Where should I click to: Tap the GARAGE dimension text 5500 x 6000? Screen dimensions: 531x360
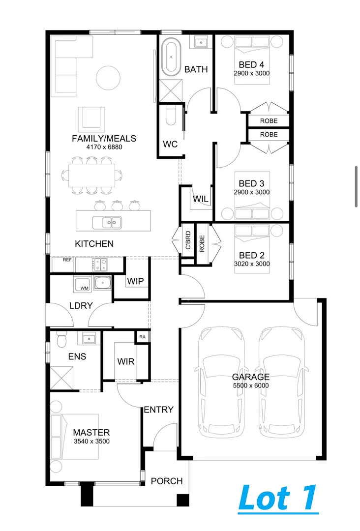pos(251,386)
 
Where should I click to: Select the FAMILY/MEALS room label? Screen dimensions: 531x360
pos(104,139)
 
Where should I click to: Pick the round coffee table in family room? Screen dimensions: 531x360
pos(107,78)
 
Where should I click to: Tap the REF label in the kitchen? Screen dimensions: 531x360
pos(67,260)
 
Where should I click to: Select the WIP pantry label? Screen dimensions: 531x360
pos(135,281)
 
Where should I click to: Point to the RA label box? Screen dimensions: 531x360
pos(142,337)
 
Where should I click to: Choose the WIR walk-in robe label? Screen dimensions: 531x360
pos(126,361)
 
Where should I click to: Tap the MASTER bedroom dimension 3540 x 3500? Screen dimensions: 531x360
pos(91,441)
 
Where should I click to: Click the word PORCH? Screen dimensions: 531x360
pos(167,481)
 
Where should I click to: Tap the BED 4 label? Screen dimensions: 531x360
pos(251,64)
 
